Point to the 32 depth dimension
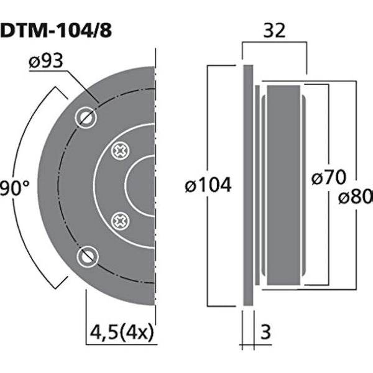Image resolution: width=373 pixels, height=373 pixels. pyautogui.click(x=275, y=29)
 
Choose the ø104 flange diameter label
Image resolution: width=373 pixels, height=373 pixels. pyautogui.click(x=210, y=185)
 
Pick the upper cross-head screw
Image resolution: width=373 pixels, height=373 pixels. pyautogui.click(x=119, y=150)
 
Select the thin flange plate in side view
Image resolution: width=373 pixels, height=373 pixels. pyautogui.click(x=248, y=185)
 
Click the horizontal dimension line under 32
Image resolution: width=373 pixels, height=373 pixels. pyautogui.click(x=275, y=43)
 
